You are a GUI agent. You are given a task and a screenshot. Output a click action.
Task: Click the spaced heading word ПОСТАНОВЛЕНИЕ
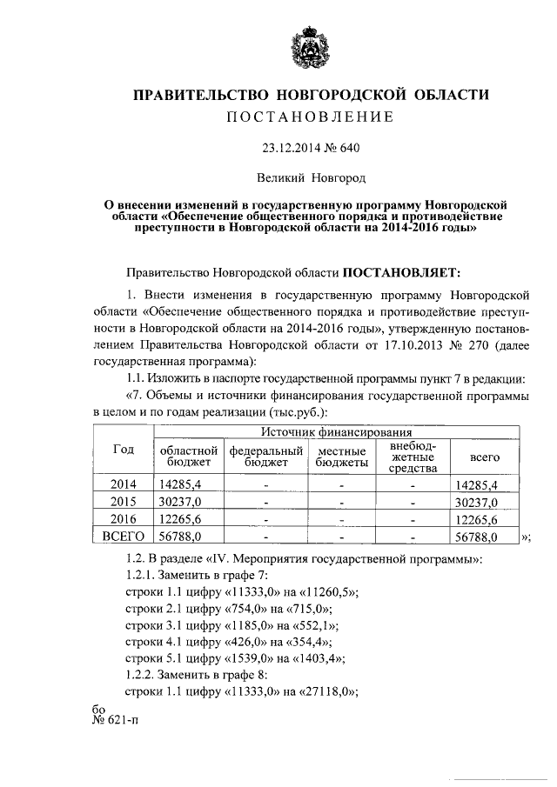310,117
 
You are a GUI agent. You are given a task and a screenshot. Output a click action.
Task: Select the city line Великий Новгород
310,177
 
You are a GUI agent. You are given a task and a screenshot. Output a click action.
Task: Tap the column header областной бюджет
187,457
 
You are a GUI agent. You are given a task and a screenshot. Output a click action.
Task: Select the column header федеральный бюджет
265,457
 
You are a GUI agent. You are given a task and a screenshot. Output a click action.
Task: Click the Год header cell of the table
124,449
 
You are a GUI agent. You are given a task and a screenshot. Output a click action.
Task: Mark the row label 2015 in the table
124,502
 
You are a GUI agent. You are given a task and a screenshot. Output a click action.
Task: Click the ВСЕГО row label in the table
124,537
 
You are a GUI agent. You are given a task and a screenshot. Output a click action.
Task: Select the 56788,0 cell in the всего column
476,537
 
